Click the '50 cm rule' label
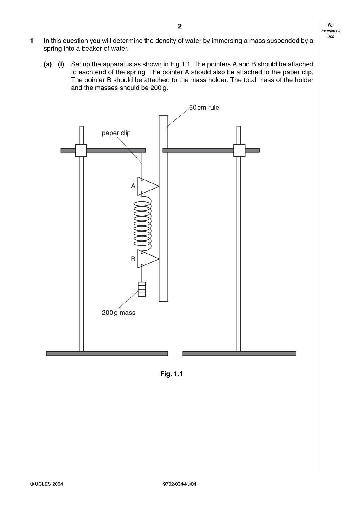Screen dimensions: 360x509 point(204,108)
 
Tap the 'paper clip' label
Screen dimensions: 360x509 point(116,133)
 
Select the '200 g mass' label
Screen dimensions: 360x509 point(118,313)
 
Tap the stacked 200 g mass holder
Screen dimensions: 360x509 point(142,289)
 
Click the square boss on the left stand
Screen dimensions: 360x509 point(81,151)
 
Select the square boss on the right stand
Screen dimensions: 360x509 point(239,151)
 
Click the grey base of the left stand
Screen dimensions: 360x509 point(107,354)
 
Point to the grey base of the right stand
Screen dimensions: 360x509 point(239,354)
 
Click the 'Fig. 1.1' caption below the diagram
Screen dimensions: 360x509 point(171,374)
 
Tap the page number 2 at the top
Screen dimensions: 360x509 point(179,26)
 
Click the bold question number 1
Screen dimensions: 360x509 point(31,41)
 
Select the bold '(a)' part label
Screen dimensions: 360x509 point(48,65)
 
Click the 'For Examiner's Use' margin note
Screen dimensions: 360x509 point(330,31)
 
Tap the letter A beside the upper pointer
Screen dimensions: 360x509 point(133,186)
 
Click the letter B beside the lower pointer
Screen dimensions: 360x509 point(133,259)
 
